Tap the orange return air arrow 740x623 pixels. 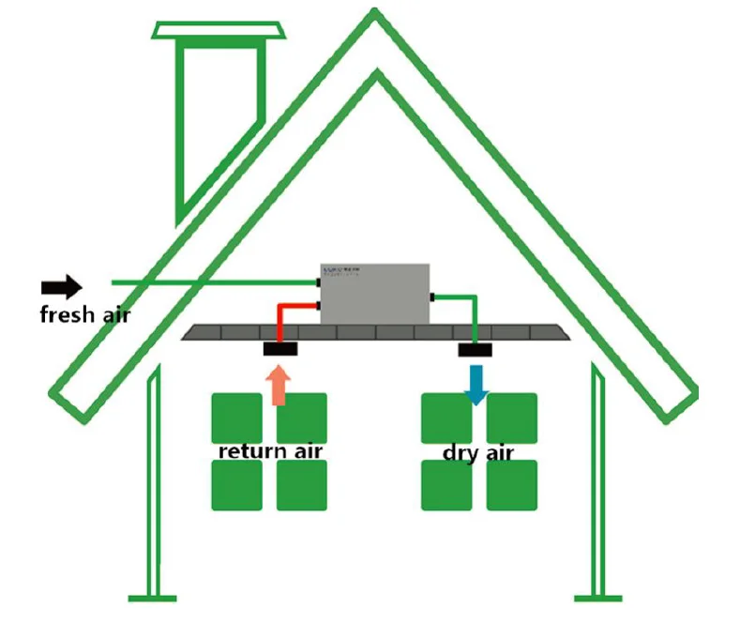pos(278,385)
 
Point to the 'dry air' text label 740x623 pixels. pos(478,454)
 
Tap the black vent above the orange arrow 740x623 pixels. pos(280,349)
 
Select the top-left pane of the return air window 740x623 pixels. pos(236,417)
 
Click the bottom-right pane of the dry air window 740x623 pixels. pos(512,486)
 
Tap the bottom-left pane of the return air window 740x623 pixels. pos(236,486)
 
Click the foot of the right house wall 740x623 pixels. pos(598,596)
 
